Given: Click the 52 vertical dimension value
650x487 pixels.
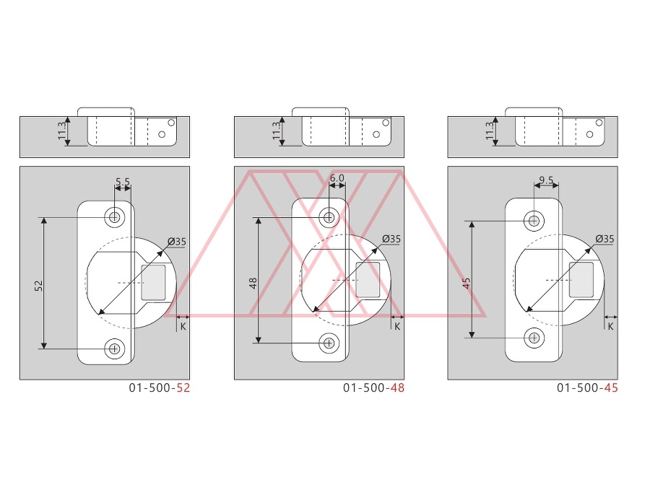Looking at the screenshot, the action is click(38, 286).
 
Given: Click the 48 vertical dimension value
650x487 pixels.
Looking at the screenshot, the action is click(253, 284).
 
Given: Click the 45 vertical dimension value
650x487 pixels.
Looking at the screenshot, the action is click(467, 284).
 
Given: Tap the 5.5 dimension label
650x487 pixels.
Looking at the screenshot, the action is click(123, 182).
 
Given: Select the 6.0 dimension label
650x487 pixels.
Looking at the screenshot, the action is click(337, 178).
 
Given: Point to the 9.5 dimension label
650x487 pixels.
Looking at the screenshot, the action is click(547, 180).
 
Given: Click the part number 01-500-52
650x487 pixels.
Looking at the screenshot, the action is click(160, 388).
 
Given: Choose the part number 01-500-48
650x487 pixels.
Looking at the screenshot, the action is click(373, 388).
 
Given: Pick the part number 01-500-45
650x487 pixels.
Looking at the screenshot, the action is click(587, 388).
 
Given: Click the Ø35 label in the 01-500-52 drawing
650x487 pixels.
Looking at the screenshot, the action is click(177, 242).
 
